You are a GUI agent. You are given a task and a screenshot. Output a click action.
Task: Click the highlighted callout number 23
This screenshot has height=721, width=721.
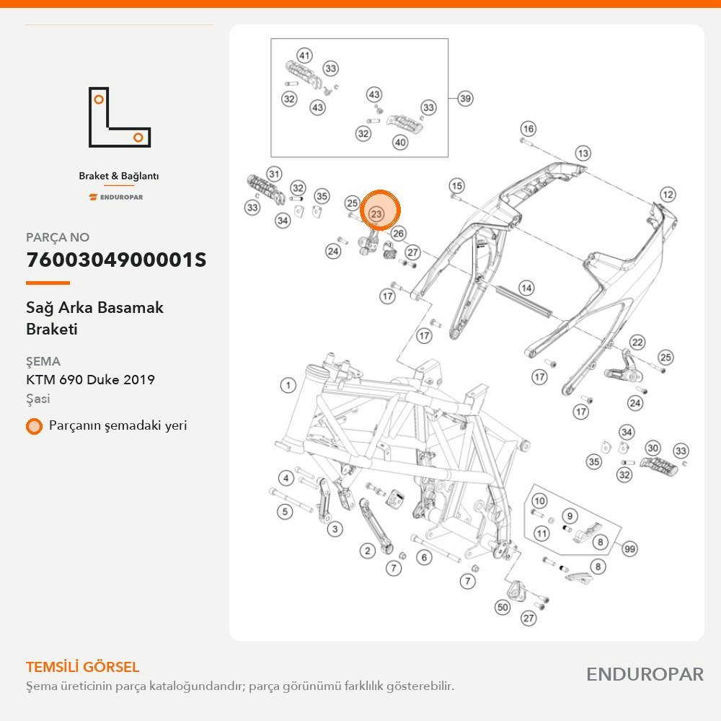tap(376, 214)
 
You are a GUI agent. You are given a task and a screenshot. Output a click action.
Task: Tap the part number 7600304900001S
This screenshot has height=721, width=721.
tap(116, 260)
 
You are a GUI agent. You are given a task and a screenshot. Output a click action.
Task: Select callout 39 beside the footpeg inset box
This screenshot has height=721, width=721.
tap(465, 98)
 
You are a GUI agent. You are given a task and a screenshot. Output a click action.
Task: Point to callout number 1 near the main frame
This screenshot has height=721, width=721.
tap(288, 385)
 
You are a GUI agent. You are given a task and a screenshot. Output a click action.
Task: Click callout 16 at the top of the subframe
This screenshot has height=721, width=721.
tap(528, 129)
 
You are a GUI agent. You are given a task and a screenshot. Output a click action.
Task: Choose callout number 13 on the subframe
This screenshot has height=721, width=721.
tap(583, 153)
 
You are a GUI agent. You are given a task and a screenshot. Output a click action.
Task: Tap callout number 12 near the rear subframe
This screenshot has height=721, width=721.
tap(668, 195)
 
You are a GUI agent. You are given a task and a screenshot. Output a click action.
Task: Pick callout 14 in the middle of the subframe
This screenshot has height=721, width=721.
tap(526, 288)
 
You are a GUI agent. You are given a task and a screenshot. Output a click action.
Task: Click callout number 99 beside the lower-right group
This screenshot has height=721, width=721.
tap(629, 549)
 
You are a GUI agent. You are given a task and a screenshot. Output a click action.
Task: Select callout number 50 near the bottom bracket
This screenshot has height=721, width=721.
tap(503, 607)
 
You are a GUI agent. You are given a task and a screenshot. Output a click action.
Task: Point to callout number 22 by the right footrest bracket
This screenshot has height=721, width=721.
tap(637, 342)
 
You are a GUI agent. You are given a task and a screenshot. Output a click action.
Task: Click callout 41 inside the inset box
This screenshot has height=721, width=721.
tap(304, 56)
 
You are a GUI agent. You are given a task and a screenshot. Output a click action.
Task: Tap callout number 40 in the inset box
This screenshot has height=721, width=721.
tap(400, 142)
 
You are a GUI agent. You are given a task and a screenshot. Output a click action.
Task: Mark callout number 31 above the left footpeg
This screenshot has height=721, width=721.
tap(274, 174)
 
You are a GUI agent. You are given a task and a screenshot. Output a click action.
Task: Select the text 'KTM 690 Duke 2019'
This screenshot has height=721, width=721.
tap(91, 380)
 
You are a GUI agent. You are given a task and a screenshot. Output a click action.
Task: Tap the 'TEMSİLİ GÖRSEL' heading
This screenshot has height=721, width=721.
tap(83, 667)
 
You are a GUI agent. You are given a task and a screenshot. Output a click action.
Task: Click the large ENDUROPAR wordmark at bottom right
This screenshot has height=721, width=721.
tap(645, 675)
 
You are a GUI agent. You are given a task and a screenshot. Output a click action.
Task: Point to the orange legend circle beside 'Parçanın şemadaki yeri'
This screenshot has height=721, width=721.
tap(34, 426)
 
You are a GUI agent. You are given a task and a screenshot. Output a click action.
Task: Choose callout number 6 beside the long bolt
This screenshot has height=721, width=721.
tap(424, 558)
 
